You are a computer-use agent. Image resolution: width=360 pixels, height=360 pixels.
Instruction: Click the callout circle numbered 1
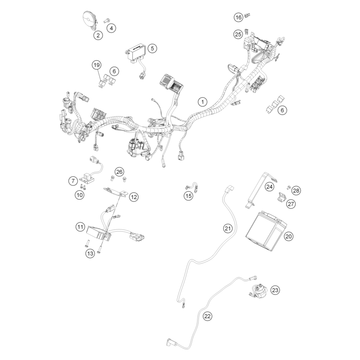coord(202,102)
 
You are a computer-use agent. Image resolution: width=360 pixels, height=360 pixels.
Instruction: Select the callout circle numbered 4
coord(112,28)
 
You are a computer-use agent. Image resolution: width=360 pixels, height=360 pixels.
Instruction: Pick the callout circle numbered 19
coord(97,65)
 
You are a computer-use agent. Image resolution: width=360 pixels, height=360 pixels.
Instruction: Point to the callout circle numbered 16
coord(238,17)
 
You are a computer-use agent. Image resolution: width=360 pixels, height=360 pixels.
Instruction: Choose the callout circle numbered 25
coord(238,34)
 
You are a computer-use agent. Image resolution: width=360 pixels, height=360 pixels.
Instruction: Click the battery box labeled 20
coord(266,231)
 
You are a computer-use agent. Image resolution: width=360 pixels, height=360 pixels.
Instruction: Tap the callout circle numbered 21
coord(228,228)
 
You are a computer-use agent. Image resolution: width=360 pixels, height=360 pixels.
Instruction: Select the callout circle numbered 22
coord(207,316)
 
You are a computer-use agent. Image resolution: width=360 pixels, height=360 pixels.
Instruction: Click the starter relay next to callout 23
coord(260,291)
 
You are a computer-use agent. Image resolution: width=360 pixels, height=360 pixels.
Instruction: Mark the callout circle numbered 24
coord(269,186)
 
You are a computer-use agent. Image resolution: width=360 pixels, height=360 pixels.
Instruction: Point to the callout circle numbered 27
coord(291,204)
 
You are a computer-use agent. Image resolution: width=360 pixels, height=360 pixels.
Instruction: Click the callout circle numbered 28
coord(296,190)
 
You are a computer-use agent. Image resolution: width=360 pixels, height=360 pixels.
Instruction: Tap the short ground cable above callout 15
coord(192,186)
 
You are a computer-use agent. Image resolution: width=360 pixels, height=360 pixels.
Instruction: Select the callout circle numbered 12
coord(134,197)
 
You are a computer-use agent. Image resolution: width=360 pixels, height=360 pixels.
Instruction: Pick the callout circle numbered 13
coord(90,253)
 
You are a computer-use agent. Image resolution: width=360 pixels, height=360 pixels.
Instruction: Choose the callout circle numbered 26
coord(119,172)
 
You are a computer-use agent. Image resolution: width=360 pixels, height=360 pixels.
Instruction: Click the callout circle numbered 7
coord(73,181)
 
